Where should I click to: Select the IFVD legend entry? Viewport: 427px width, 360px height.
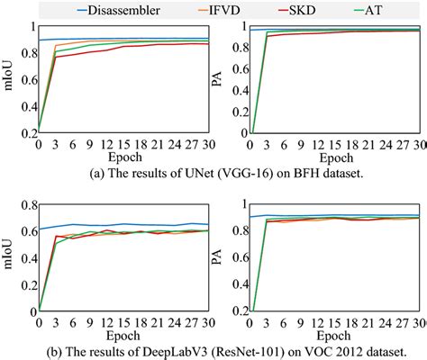(231, 11)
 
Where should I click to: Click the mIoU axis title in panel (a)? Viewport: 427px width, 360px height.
(9, 83)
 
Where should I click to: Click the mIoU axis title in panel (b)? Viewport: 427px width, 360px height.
(9, 260)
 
